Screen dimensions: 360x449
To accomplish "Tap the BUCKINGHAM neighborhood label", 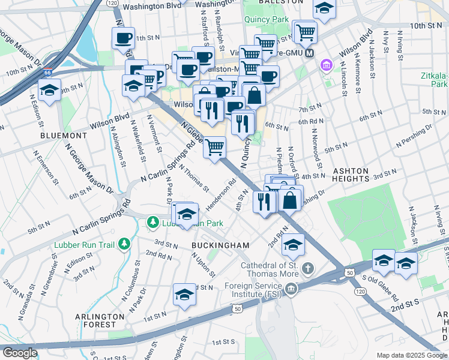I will coord(220,246).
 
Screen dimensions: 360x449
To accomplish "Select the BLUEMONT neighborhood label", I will coord(64,136).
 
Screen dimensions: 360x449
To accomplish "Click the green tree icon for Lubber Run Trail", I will coord(124,244).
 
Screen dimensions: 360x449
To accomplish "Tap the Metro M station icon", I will coord(310,53).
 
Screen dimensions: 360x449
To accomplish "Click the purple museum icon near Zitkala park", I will coord(327,64).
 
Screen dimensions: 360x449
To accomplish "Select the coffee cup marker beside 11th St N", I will coord(123,38).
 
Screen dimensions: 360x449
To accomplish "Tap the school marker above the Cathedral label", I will coord(294,244).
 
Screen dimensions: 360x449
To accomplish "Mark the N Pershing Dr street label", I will coord(414,137).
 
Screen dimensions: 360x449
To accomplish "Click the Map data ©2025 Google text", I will coord(411,355).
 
